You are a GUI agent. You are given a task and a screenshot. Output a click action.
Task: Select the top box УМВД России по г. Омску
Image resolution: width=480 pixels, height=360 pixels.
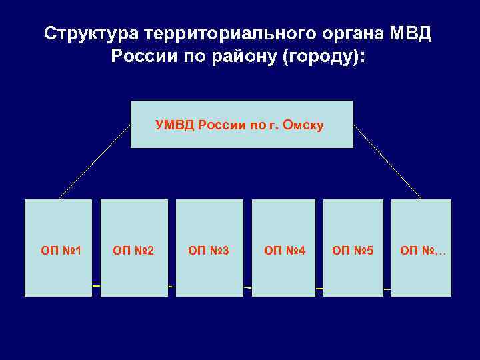(241, 124)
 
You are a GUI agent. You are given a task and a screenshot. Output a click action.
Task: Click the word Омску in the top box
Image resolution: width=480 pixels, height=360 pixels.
(303, 125)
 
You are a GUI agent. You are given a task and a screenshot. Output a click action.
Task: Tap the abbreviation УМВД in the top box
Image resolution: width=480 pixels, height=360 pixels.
(175, 125)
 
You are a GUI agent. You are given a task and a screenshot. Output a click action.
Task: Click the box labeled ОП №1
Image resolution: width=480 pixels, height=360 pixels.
(58, 247)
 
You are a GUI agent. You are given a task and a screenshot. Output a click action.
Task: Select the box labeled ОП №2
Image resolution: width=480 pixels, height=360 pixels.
(134, 247)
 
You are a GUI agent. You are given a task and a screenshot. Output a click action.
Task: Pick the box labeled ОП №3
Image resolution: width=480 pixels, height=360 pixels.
(209, 247)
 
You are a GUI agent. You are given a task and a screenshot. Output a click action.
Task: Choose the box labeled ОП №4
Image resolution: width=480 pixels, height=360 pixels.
(283, 247)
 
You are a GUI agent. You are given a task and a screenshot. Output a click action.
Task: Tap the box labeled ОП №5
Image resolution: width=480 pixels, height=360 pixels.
(353, 247)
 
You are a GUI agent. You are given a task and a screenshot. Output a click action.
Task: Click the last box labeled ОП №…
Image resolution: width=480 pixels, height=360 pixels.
(421, 247)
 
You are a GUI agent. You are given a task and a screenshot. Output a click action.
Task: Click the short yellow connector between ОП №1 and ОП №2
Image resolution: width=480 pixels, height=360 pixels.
(96, 285)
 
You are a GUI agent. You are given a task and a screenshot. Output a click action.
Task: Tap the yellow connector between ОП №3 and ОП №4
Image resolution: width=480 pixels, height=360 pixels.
(247, 287)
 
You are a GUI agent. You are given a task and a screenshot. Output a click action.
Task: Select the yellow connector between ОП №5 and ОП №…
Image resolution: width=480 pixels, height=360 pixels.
(387, 289)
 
